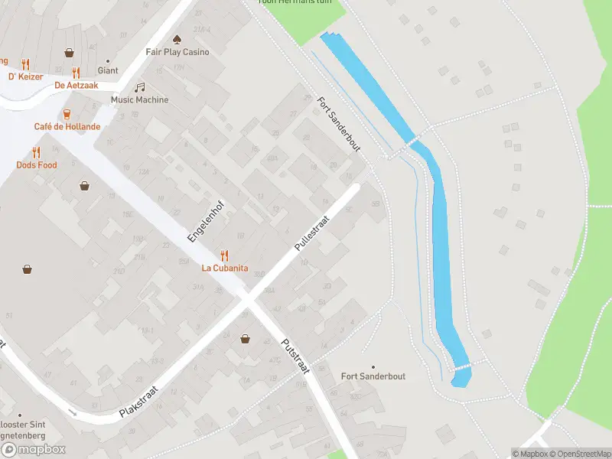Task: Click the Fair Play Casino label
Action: coord(177,52)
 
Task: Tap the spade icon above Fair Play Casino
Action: coord(177,38)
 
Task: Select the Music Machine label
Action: coord(139,100)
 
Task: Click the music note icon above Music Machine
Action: coord(139,87)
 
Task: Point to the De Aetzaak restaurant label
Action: coord(76,86)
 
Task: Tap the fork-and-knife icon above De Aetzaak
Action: coord(76,73)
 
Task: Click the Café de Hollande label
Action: coord(67,126)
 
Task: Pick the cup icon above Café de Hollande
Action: coord(67,113)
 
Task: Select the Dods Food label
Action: coord(37,165)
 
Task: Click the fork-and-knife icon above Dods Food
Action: coord(36,152)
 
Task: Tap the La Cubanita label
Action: coord(224,268)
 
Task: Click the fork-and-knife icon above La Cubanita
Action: coord(224,255)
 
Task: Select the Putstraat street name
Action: coord(295,356)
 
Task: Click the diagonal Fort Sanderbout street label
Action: coord(338,124)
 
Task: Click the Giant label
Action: coord(108,70)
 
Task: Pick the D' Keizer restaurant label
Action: coord(25,76)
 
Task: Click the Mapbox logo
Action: coord(34,450)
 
